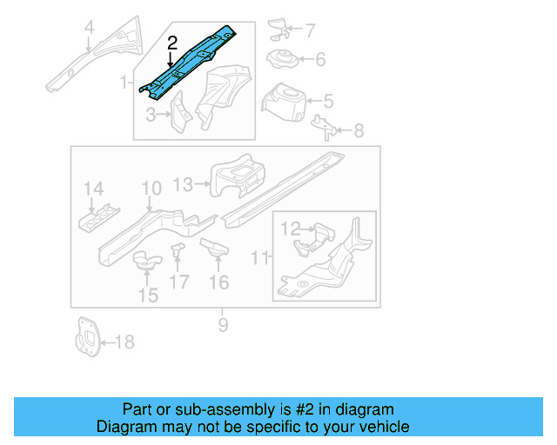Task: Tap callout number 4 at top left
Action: pyautogui.click(x=88, y=35)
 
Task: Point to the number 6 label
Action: pyautogui.click(x=319, y=60)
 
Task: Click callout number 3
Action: pyautogui.click(x=151, y=115)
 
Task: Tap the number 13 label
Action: pyautogui.click(x=184, y=183)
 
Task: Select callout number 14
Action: pyautogui.click(x=93, y=189)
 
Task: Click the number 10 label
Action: pyautogui.click(x=151, y=188)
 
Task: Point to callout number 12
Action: pyautogui.click(x=290, y=229)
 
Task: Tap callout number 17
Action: pyautogui.click(x=178, y=282)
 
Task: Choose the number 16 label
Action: pyautogui.click(x=218, y=282)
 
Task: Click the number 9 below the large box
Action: pyautogui.click(x=223, y=325)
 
